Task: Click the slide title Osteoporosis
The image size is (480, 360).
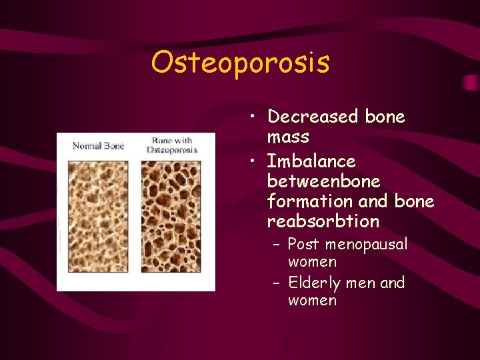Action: pyautogui.click(x=240, y=63)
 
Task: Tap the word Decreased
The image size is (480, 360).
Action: pyautogui.click(x=313, y=117)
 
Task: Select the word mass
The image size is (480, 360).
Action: pyautogui.click(x=288, y=137)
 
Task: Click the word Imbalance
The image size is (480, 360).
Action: pyautogui.click(x=311, y=161)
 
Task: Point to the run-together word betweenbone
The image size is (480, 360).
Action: pyautogui.click(x=323, y=181)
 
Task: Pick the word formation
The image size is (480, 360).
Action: pyautogui.click(x=305, y=201)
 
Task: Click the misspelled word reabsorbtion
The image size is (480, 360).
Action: pyautogui.click(x=323, y=221)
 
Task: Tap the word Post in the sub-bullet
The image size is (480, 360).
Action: pyautogui.click(x=303, y=245)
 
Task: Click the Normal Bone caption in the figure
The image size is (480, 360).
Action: pyautogui.click(x=98, y=146)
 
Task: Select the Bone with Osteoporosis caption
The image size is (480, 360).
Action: pyautogui.click(x=172, y=145)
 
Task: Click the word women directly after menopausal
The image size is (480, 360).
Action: pyautogui.click(x=312, y=262)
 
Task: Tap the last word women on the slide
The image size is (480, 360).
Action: pyautogui.click(x=312, y=301)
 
